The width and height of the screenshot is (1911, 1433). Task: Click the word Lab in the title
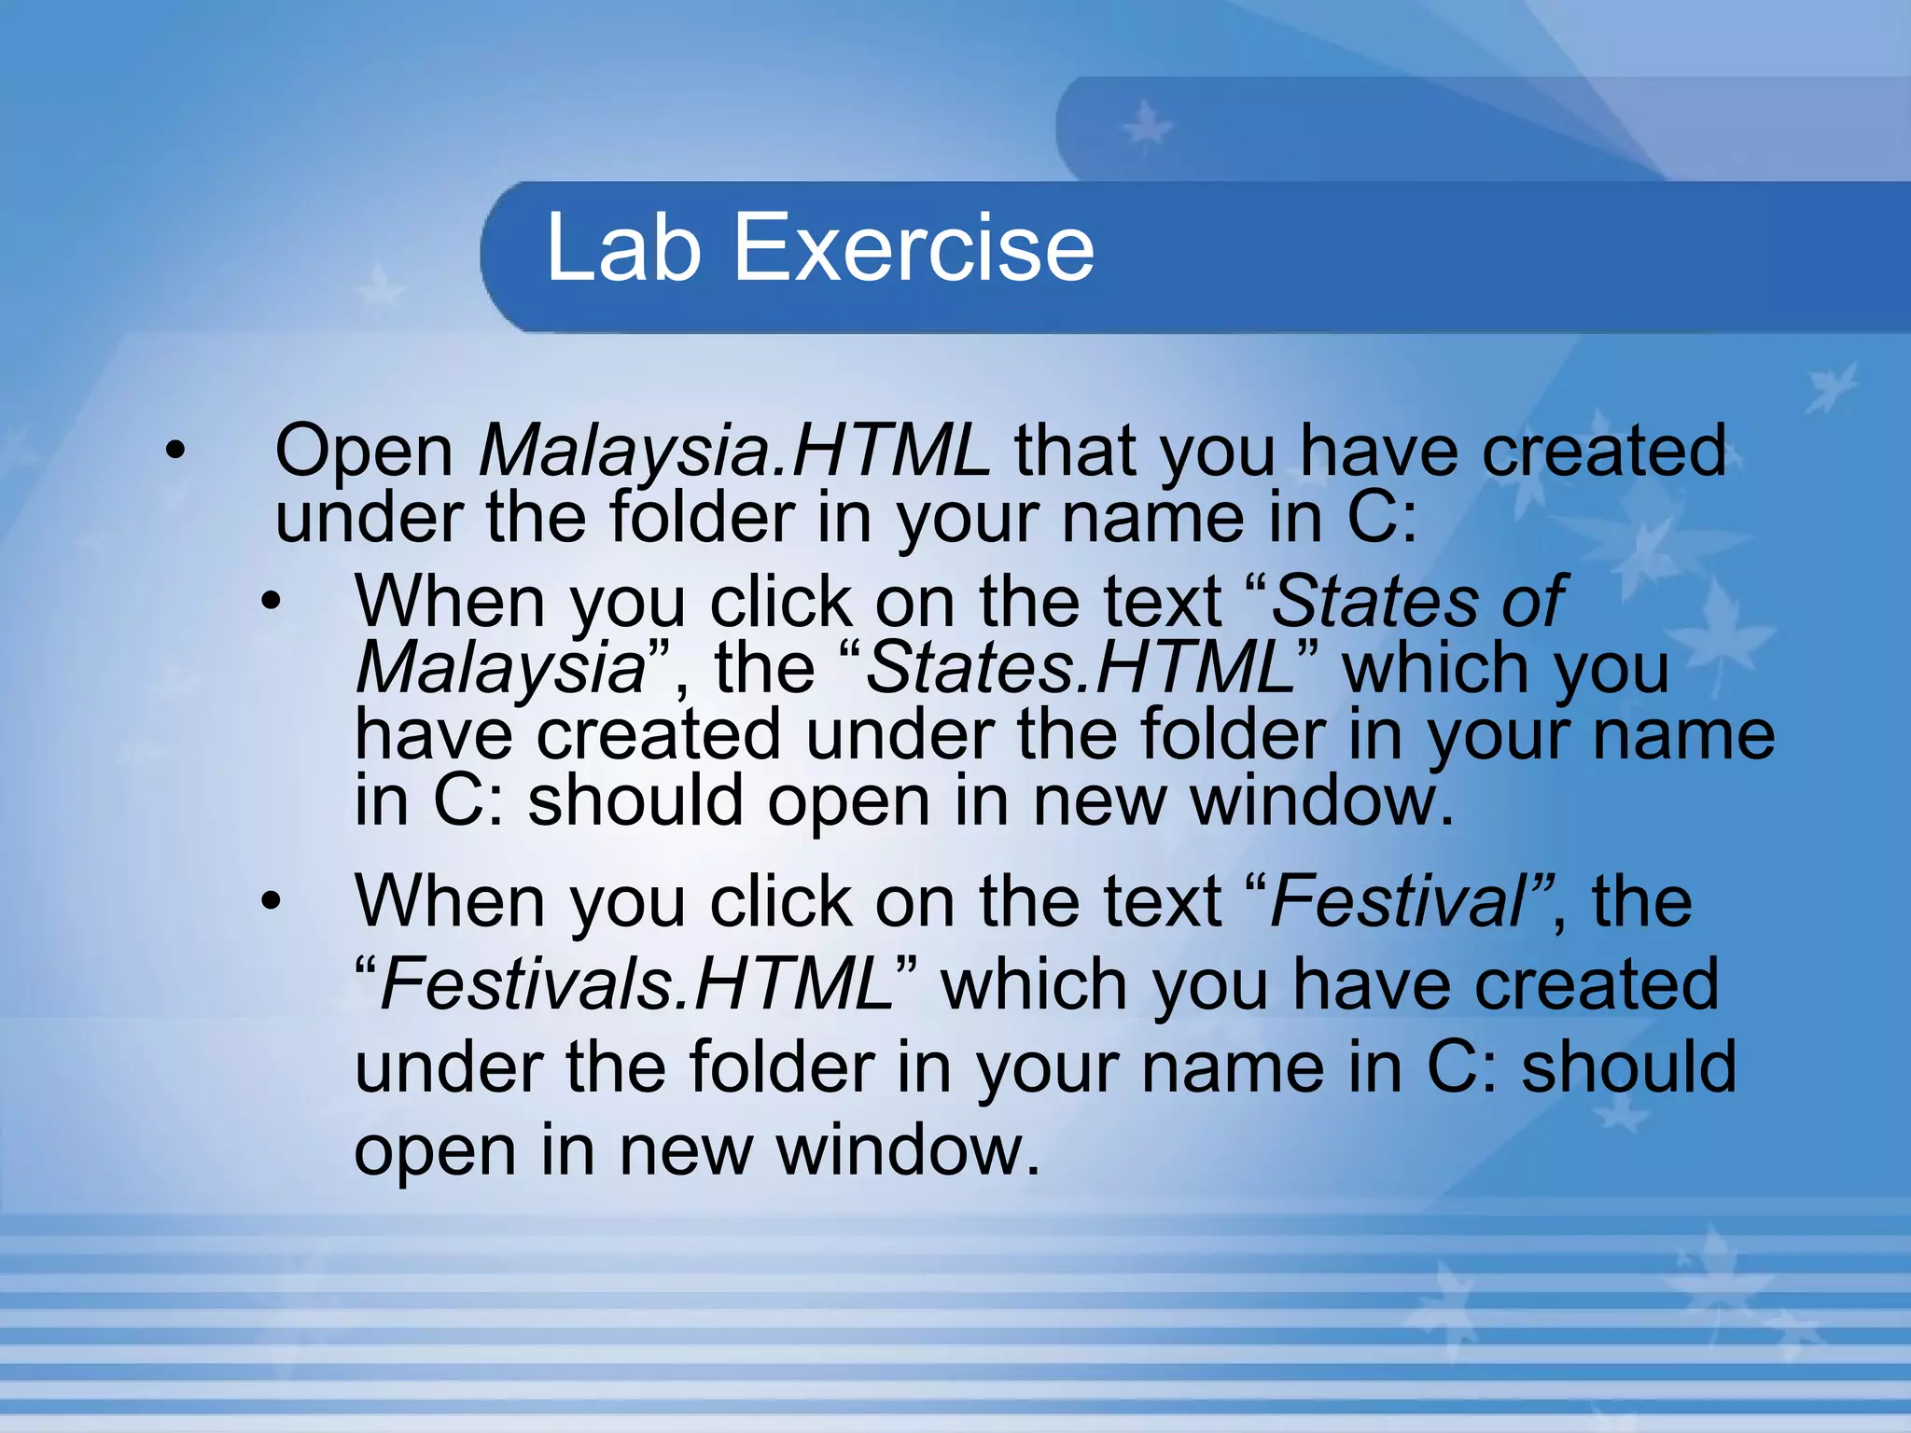tap(622, 247)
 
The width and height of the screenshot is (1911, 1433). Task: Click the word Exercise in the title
tap(914, 247)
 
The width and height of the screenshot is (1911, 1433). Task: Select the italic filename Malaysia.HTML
tap(733, 451)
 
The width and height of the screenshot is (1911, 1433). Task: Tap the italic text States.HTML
tap(1079, 667)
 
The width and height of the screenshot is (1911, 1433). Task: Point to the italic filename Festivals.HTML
tap(636, 984)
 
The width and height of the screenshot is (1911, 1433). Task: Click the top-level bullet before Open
tap(174, 452)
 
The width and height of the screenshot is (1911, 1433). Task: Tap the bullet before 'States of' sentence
tap(271, 603)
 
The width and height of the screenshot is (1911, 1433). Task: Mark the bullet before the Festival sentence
tap(271, 902)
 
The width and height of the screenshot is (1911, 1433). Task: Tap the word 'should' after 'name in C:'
tap(1629, 1066)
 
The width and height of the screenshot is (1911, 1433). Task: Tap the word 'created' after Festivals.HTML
tap(1596, 984)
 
